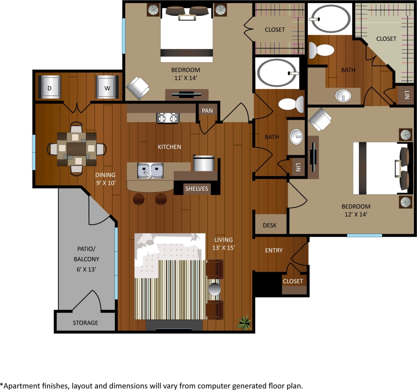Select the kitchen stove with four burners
[x=169, y=118]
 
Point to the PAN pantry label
[x=207, y=111]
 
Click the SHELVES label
[x=197, y=188]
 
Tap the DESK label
[x=270, y=225]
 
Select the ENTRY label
[x=273, y=250]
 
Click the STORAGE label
[x=85, y=322]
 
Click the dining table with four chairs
[x=77, y=149]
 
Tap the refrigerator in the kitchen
[x=204, y=163]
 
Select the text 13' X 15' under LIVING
[x=223, y=247]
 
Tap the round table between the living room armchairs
[x=214, y=289]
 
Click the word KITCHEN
[x=169, y=147]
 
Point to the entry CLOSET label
[x=293, y=281]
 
